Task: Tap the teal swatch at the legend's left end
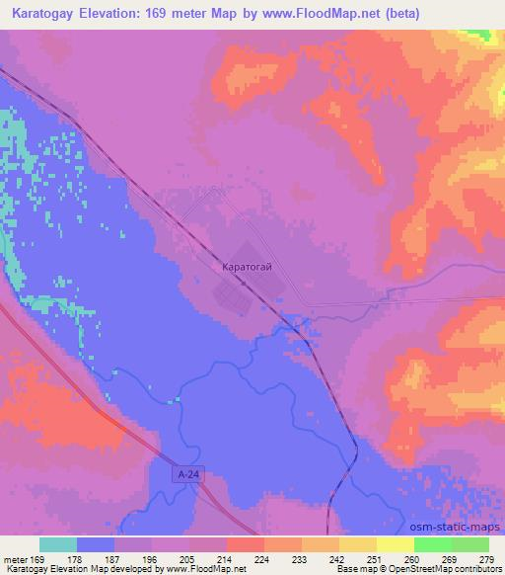coord(57,544)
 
